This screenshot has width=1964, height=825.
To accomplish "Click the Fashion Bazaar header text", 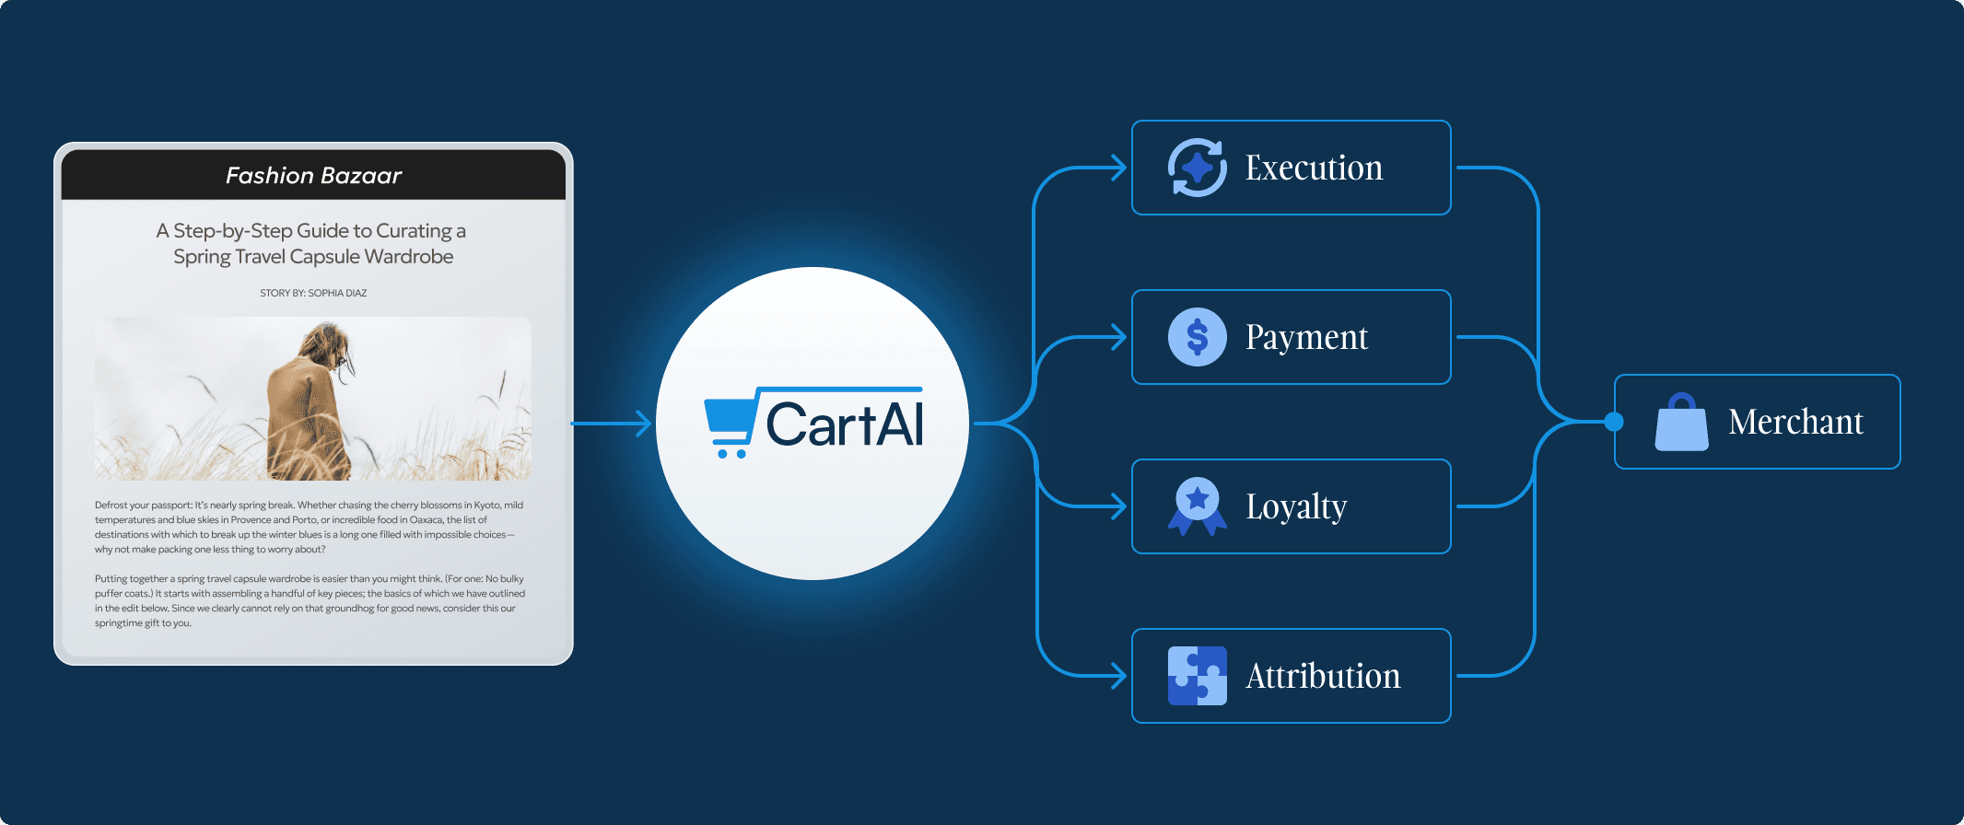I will click(x=313, y=176).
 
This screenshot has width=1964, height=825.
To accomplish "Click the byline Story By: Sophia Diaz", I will click(x=313, y=293).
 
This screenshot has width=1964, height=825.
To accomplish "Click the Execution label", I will click(x=1314, y=168).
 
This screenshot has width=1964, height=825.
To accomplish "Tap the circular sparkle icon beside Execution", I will click(x=1197, y=168).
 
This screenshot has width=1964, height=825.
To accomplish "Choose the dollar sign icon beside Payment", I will click(x=1197, y=337).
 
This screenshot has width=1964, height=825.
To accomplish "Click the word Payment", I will click(x=1306, y=338).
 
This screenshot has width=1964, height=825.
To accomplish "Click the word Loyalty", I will click(x=1296, y=507).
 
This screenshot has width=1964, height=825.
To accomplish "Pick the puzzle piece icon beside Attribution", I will click(x=1197, y=676).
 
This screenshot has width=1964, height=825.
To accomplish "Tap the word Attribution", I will click(x=1323, y=677).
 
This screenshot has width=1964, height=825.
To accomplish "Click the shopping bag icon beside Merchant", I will click(x=1681, y=423).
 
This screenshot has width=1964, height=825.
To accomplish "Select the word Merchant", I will click(x=1795, y=423).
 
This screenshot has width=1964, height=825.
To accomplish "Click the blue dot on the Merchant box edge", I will click(x=1614, y=422).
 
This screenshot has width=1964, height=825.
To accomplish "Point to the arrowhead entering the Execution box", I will click(x=1118, y=168).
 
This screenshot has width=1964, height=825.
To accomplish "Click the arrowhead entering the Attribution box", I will click(x=1118, y=676).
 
